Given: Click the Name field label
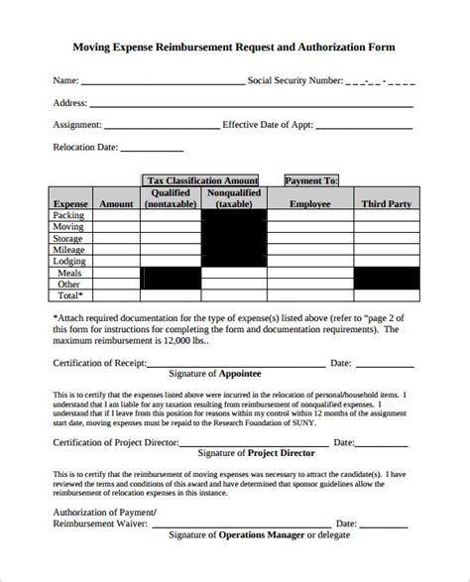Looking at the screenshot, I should pyautogui.click(x=64, y=79).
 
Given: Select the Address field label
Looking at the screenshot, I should pyautogui.click(x=70, y=102).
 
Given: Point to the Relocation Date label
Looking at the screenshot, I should pyautogui.click(x=84, y=148).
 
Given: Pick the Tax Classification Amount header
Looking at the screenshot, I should pyautogui.click(x=202, y=180).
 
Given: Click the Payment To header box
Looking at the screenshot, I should pyautogui.click(x=311, y=180).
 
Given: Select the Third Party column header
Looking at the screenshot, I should pyautogui.click(x=386, y=203).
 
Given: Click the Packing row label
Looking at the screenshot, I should pyautogui.click(x=69, y=214).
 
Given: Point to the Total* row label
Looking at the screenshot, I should pyautogui.click(x=69, y=294).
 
